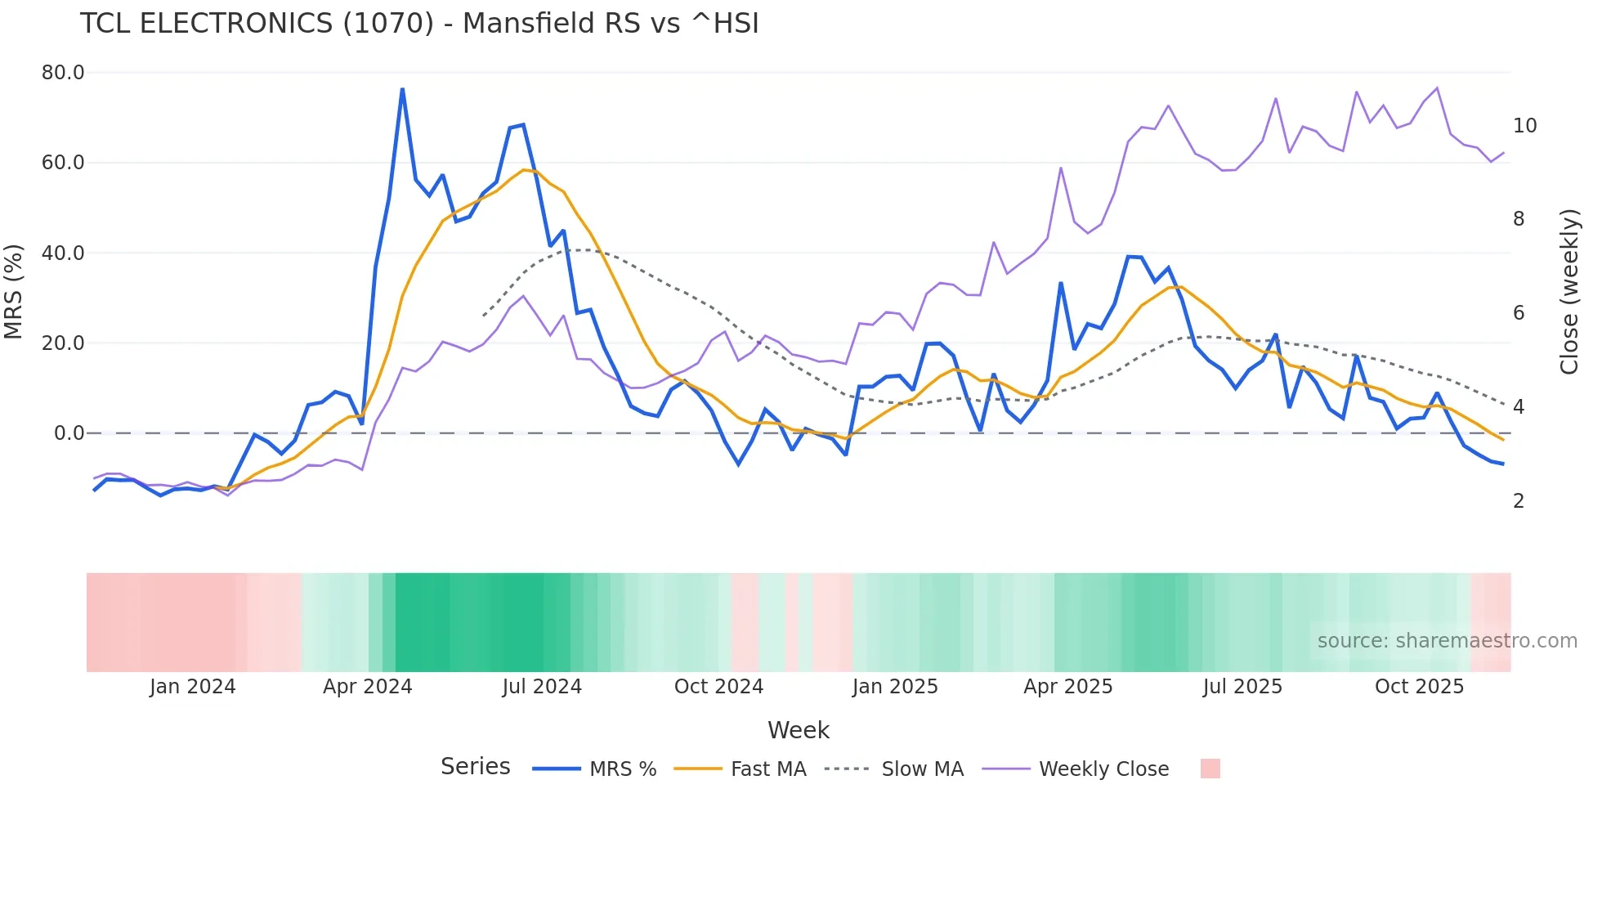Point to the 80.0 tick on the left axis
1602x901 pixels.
(x=63, y=73)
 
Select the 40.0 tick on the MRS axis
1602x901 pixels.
(x=63, y=253)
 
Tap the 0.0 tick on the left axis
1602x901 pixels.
(x=69, y=433)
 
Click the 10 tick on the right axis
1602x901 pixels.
(x=1524, y=126)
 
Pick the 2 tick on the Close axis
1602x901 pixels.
(x=1519, y=501)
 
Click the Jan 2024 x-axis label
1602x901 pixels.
(x=192, y=687)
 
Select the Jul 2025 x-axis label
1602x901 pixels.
(x=1242, y=687)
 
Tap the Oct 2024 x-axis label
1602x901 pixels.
(x=718, y=687)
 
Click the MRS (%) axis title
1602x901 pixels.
(x=14, y=292)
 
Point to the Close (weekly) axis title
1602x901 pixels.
(x=1569, y=292)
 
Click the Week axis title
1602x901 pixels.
(x=798, y=730)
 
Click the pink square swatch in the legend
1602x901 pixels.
(x=1210, y=769)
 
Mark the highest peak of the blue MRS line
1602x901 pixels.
(x=402, y=89)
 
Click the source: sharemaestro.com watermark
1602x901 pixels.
(x=1447, y=641)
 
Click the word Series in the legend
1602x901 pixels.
(x=475, y=767)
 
